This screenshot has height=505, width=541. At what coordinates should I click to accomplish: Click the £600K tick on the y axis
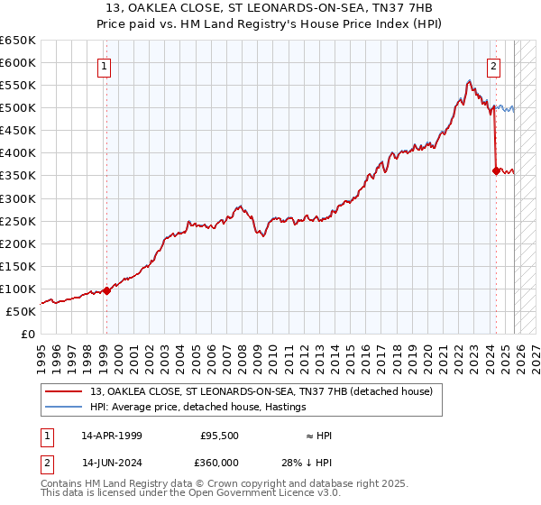(x=17, y=63)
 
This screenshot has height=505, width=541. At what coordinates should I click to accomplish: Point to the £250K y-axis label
(x=17, y=221)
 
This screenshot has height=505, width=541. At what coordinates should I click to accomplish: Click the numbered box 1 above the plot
(x=105, y=66)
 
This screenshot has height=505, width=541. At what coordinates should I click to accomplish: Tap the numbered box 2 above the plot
(x=494, y=66)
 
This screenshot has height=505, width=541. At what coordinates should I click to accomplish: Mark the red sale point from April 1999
(x=106, y=290)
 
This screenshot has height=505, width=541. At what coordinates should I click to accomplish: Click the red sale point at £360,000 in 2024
(x=496, y=170)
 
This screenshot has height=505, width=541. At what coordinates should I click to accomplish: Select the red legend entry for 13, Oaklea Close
(x=261, y=390)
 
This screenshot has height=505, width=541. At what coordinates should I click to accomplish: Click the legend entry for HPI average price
(x=197, y=407)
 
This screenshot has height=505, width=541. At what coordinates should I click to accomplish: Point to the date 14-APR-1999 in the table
(x=112, y=436)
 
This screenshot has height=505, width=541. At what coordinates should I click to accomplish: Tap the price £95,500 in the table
(x=219, y=436)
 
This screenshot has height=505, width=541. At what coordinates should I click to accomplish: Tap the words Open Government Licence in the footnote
(x=243, y=493)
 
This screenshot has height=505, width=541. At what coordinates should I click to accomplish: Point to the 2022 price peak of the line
(x=469, y=81)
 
